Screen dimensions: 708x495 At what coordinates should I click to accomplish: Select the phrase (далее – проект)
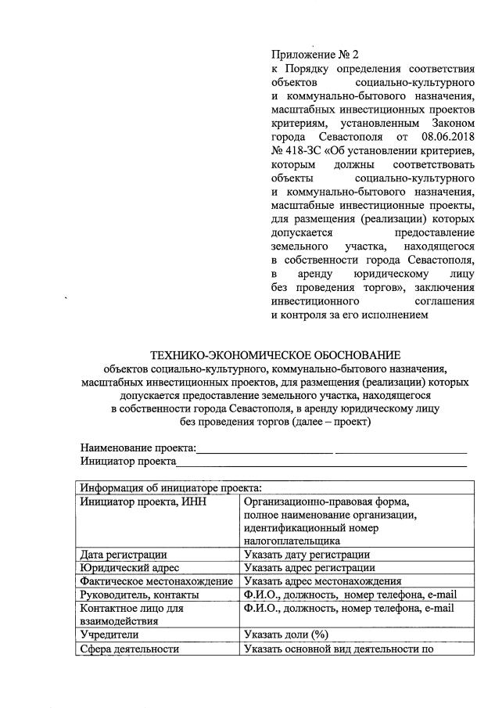pos(327,422)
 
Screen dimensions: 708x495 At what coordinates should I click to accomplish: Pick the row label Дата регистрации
pos(123,554)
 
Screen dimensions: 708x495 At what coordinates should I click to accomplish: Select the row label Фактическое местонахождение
pos(157,580)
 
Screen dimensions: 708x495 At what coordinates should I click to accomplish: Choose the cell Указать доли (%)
pos(285,634)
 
